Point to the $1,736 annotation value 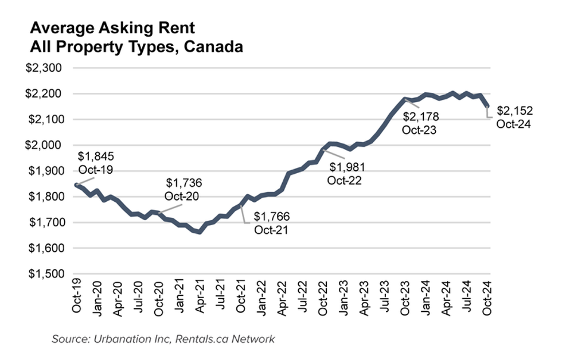click(x=184, y=183)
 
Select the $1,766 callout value click(x=272, y=217)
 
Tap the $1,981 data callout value click(x=346, y=167)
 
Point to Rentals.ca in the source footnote click(x=210, y=339)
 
